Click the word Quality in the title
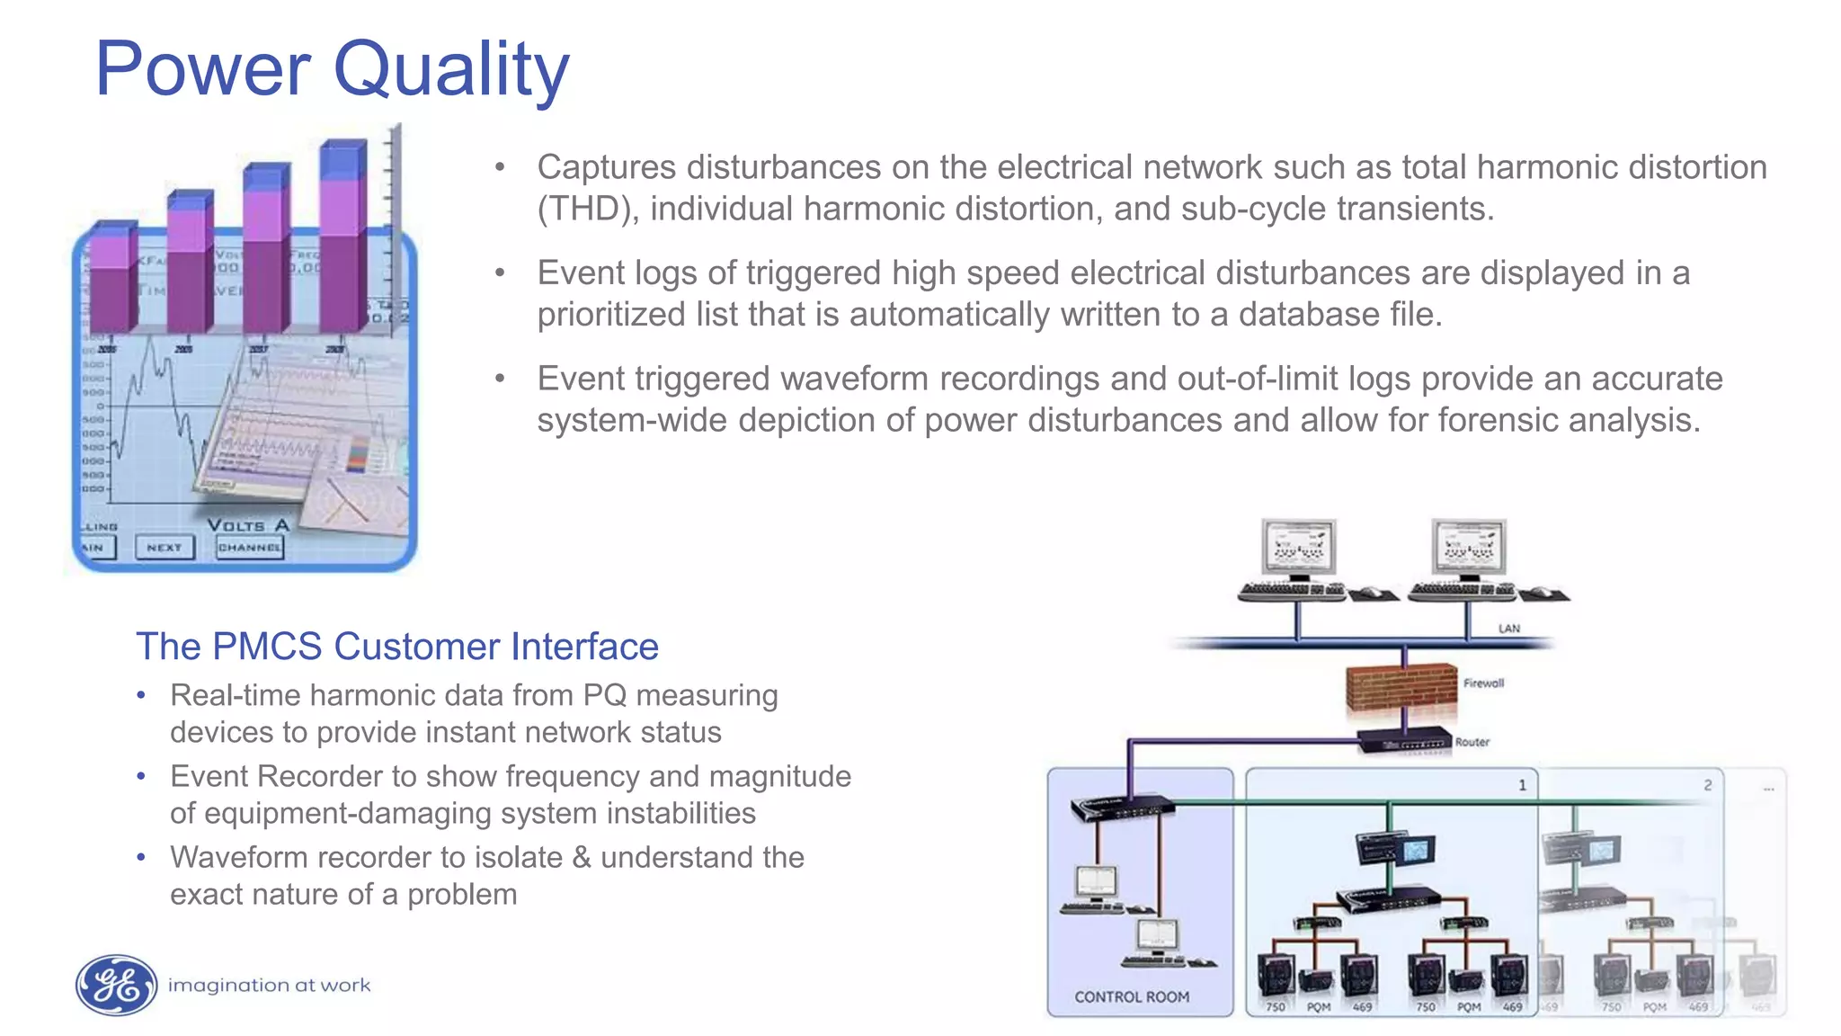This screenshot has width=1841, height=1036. (x=451, y=70)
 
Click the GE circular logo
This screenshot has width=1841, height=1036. (x=116, y=985)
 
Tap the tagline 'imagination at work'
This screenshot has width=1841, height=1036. (x=269, y=986)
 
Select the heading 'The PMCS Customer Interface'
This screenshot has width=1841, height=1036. (x=396, y=647)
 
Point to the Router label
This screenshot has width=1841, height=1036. (x=1472, y=742)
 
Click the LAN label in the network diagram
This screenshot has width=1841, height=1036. (x=1508, y=629)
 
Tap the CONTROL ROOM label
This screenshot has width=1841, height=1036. (x=1131, y=996)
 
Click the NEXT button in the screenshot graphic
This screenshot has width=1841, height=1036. (x=165, y=547)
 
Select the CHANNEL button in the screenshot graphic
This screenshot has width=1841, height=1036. (x=250, y=547)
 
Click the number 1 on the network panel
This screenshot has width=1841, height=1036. (x=1522, y=785)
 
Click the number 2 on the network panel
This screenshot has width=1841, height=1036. (x=1707, y=785)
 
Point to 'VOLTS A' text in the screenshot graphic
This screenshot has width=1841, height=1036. (x=248, y=525)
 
